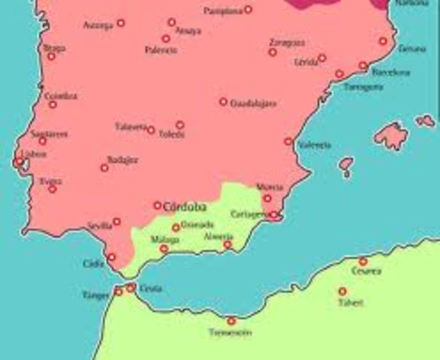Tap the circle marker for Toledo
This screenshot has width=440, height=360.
click(x=180, y=125)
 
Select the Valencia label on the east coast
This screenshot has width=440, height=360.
click(x=314, y=145)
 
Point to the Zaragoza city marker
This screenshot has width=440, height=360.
click(x=273, y=52)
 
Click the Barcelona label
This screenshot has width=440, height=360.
click(x=391, y=73)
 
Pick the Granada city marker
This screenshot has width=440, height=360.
click(x=176, y=228)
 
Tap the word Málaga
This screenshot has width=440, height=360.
click(x=165, y=239)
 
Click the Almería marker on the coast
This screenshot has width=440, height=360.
click(x=228, y=244)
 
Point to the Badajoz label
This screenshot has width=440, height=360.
click(x=122, y=159)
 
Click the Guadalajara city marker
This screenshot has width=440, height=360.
click(x=223, y=101)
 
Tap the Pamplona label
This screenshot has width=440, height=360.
click(x=223, y=11)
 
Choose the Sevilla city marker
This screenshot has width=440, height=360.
click(x=116, y=221)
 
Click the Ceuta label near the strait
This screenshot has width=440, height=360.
click(x=151, y=288)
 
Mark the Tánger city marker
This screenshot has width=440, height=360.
click(x=119, y=291)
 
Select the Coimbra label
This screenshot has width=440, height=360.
click(x=61, y=96)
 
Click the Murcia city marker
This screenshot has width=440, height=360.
click(x=267, y=198)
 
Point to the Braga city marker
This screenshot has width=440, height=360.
click(x=51, y=56)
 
